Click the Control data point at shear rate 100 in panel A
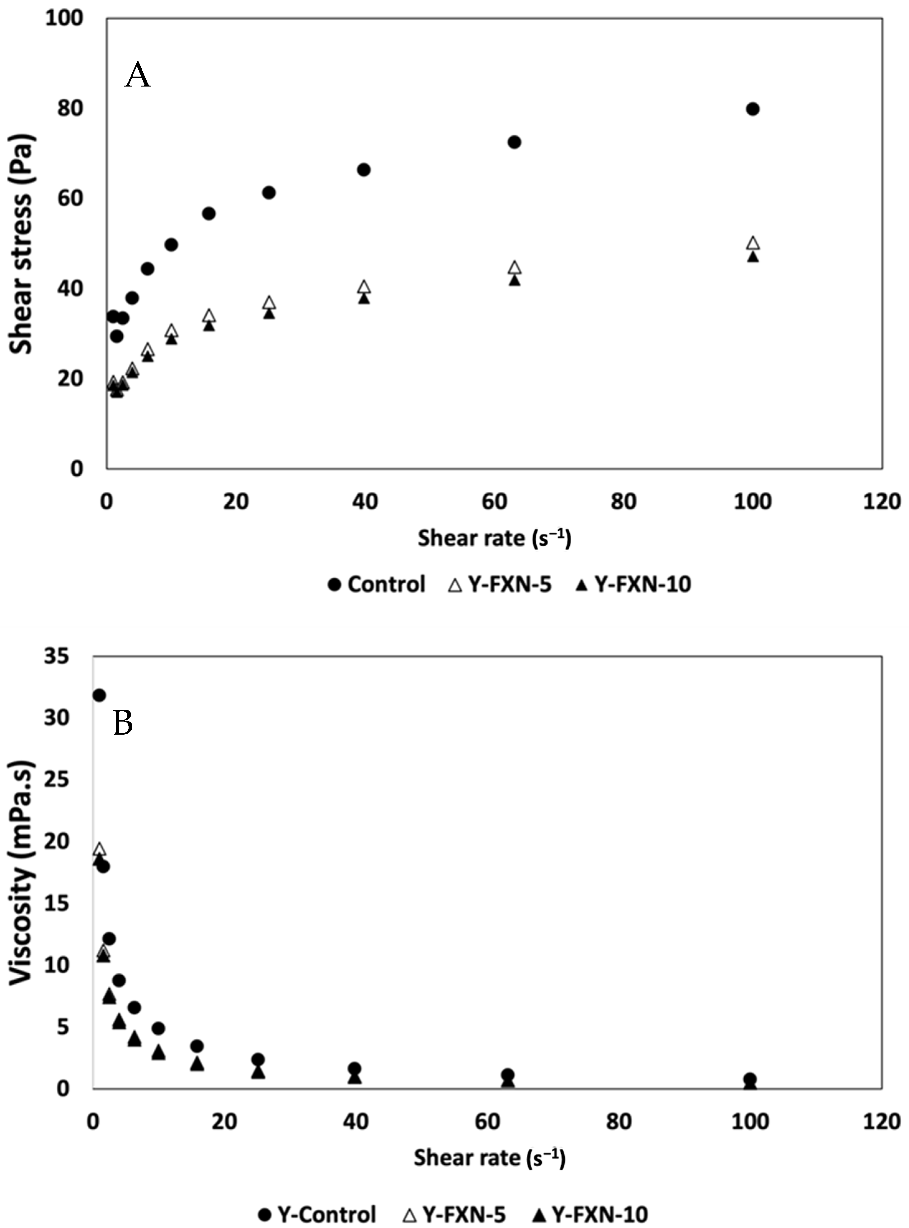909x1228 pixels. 753,109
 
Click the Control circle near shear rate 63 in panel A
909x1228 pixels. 514,142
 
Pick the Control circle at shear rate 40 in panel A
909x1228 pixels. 364,169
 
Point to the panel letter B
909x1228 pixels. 123,723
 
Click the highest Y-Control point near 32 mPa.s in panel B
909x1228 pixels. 99,695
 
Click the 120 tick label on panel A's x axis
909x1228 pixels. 882,502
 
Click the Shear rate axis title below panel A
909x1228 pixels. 494,538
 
